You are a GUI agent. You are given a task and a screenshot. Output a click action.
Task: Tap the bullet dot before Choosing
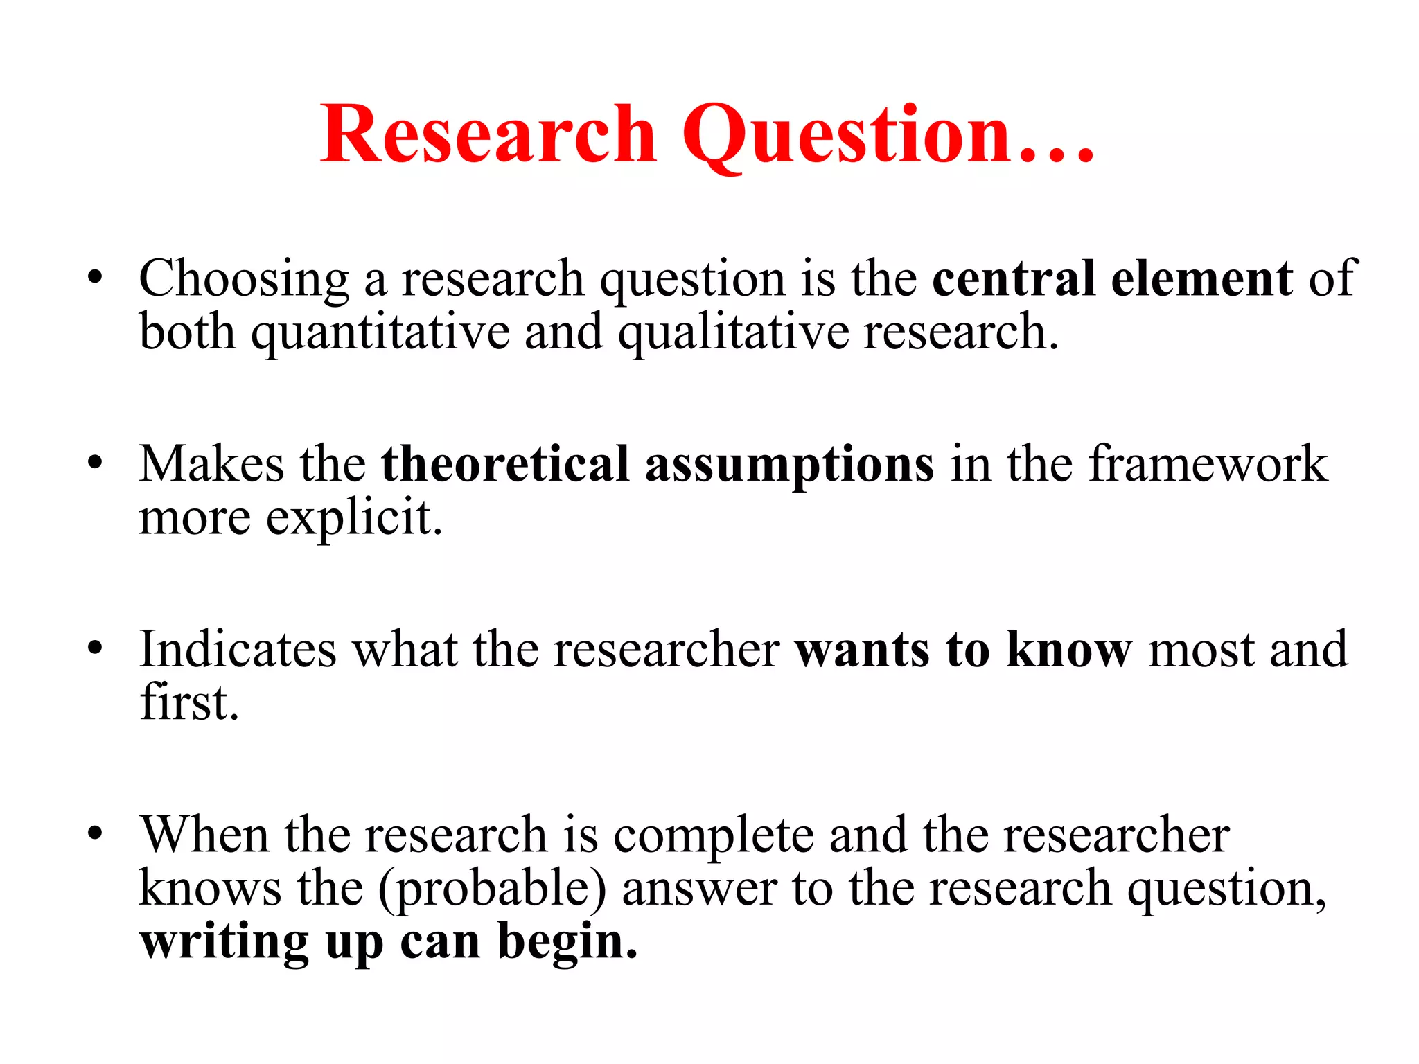click(x=95, y=278)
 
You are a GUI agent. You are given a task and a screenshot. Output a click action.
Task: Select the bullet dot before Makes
click(x=95, y=463)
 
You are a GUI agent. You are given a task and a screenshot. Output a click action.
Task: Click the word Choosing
click(x=244, y=279)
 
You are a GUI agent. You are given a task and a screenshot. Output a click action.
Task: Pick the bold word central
click(x=1014, y=278)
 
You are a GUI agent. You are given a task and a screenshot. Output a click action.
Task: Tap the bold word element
click(x=1201, y=278)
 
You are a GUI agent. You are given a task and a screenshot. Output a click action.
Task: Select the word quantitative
click(x=380, y=332)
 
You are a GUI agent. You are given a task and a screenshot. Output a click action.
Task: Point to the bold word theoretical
click(x=505, y=463)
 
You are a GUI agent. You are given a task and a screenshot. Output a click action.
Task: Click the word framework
click(x=1208, y=463)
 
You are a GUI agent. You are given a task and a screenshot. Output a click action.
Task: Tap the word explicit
click(x=354, y=518)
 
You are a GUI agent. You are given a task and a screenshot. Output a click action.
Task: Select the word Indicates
click(x=238, y=649)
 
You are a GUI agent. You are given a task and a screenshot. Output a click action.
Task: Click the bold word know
click(x=1068, y=649)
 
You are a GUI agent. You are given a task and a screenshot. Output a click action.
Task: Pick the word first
click(x=189, y=702)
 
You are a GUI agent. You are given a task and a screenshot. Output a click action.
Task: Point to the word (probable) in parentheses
click(x=492, y=889)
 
